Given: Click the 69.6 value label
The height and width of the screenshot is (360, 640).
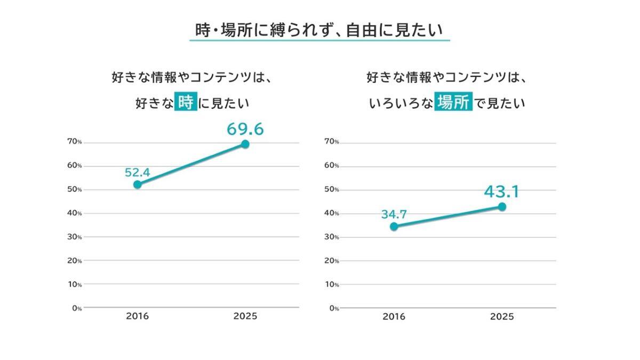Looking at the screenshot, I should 245,129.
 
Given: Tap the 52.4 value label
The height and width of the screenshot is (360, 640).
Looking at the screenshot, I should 138,172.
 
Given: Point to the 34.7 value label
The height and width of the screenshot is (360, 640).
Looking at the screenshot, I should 394,215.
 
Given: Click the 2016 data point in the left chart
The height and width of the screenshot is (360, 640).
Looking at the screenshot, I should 138,185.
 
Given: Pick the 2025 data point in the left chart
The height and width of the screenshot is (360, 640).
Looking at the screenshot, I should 245,144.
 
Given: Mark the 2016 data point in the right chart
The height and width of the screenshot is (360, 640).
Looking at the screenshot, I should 394,227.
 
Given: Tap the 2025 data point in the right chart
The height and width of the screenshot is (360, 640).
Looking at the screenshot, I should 502,206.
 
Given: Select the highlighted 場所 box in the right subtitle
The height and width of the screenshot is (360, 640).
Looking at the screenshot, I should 454,102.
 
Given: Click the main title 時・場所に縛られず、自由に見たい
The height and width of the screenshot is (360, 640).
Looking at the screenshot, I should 319,30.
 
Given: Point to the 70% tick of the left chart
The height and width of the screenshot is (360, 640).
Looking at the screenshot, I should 74,142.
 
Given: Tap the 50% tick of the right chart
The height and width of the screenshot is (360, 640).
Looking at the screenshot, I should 331,189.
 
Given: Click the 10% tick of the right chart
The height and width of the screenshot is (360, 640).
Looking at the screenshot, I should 331,284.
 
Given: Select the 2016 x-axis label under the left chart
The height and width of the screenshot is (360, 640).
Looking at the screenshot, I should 138,316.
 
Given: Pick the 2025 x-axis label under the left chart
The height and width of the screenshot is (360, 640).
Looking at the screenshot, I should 245,316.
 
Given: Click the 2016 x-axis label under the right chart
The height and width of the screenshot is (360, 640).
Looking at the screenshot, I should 394,317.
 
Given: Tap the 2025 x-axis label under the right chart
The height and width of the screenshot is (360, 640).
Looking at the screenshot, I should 502,317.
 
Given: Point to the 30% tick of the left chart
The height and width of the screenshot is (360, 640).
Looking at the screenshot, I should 74,237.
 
